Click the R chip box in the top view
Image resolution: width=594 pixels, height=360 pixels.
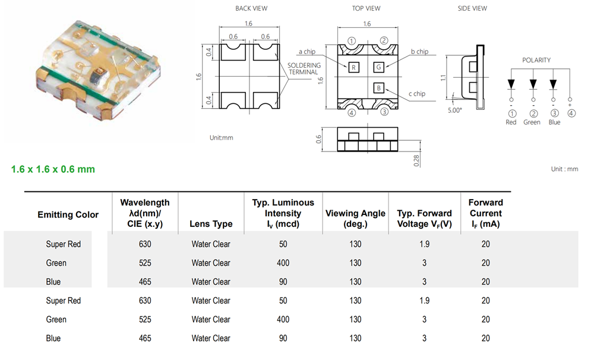[x=353, y=68]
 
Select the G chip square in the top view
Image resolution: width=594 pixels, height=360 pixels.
[x=379, y=67]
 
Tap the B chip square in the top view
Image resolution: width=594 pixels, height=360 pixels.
[x=379, y=88]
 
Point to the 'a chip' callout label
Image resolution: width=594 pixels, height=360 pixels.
[x=307, y=52]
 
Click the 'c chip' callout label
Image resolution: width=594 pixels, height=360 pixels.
[x=417, y=94]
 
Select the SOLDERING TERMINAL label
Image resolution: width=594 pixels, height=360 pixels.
[x=304, y=68]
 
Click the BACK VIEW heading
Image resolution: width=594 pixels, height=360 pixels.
[x=251, y=8]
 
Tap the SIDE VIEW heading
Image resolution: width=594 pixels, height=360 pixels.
[x=472, y=8]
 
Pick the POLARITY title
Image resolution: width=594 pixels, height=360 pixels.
[x=536, y=60]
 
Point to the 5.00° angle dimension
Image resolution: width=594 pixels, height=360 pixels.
[x=454, y=110]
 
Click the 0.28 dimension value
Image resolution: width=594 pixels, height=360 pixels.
[x=416, y=160]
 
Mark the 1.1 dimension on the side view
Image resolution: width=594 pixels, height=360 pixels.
[x=443, y=78]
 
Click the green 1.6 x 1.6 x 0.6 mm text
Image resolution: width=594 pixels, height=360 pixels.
[x=53, y=169]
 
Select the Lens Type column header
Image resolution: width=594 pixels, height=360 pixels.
[x=211, y=224]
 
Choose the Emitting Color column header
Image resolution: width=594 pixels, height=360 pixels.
[x=68, y=215]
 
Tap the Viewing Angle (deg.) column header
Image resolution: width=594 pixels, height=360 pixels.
[x=355, y=219]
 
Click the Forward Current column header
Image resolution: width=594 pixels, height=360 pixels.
[x=486, y=213]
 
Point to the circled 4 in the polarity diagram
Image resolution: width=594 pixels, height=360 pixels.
[x=571, y=113]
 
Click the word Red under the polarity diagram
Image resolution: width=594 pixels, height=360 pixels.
[x=511, y=122]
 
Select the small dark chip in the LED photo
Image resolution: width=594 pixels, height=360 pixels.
[x=100, y=72]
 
